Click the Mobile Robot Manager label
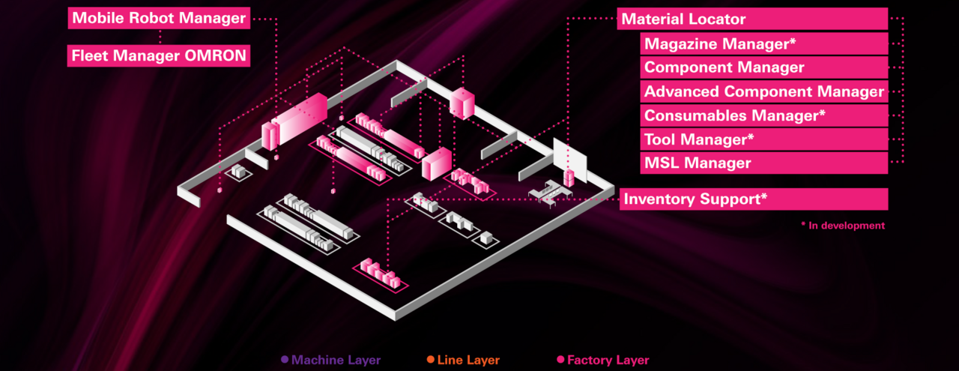tap(159, 18)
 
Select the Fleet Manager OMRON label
tap(159, 55)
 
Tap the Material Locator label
tap(752, 19)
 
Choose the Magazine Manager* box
tap(764, 43)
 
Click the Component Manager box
tap(764, 67)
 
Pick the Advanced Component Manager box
tap(764, 91)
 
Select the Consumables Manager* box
tap(764, 115)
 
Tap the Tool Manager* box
tap(764, 139)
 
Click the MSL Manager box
tap(764, 163)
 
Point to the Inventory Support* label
tap(753, 199)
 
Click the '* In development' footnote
tap(842, 226)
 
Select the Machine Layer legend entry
tap(336, 361)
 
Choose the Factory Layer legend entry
tap(608, 361)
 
